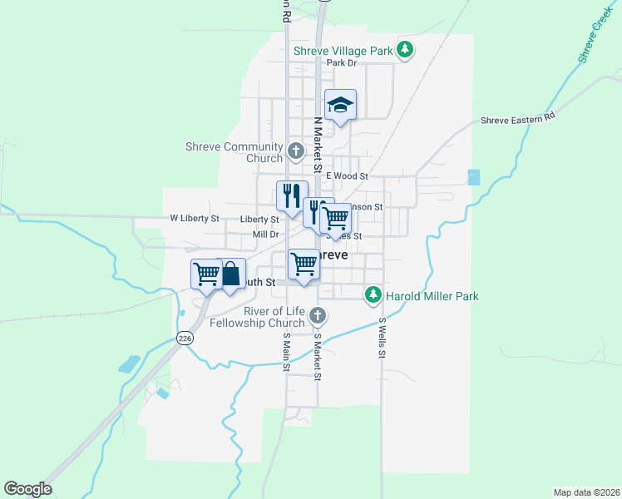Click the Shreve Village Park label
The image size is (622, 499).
tap(342, 51)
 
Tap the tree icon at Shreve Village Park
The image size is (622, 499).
tap(405, 51)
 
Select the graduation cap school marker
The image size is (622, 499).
tap(340, 105)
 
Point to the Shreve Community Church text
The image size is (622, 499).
tap(234, 152)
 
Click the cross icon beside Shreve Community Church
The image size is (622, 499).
tap(295, 151)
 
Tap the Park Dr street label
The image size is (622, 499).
tap(341, 63)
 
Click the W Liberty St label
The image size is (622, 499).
tap(194, 219)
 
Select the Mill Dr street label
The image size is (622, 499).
tap(264, 235)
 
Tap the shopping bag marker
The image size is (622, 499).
tap(231, 274)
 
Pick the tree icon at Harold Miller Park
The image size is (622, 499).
tap(374, 294)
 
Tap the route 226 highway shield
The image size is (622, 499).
tap(185, 337)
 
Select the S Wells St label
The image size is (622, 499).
tap(383, 338)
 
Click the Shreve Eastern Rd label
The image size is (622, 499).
tap(517, 120)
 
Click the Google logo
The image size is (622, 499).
tap(27, 489)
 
